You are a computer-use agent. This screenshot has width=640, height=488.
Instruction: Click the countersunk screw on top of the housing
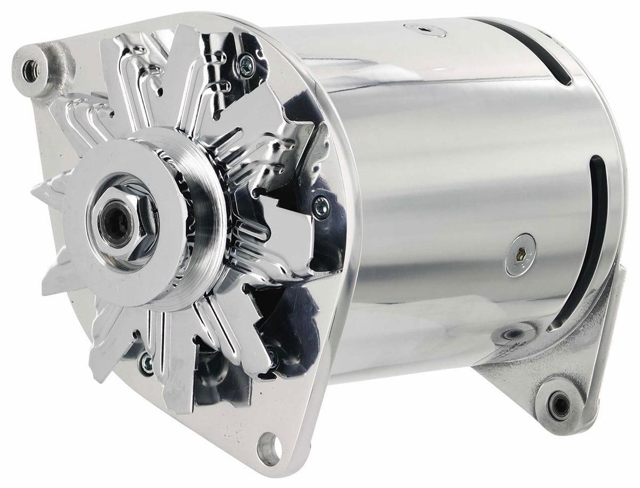click(425, 29)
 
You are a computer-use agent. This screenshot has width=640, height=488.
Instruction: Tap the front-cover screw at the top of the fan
click(246, 62)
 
